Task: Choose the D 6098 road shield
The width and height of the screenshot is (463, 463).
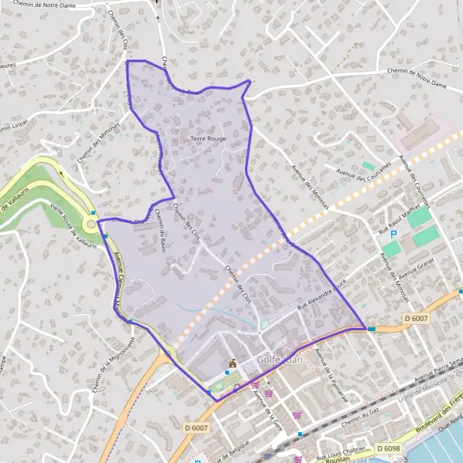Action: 388,448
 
